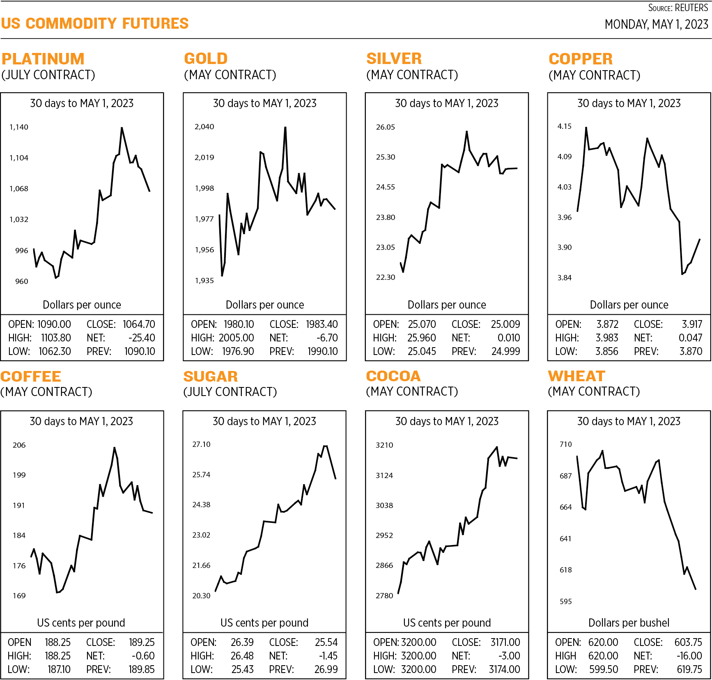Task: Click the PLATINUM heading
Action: pos(43,59)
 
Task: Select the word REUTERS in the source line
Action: pos(691,8)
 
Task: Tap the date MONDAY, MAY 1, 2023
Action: pos(656,24)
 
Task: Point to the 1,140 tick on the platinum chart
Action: pos(19,127)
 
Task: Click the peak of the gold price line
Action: pos(285,128)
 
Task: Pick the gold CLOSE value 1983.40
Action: pos(322,324)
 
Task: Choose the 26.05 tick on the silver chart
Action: pos(385,127)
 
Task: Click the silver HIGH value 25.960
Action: pos(422,338)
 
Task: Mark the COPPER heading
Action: pos(581,59)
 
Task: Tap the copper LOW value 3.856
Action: pos(607,351)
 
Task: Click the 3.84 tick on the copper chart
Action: pos(564,278)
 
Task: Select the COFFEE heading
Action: pos(31,376)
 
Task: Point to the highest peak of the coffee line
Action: pos(115,448)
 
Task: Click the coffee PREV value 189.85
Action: pos(142,669)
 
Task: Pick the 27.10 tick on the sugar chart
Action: pos(201,444)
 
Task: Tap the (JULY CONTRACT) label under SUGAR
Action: pos(230,392)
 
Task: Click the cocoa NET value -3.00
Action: pos(509,656)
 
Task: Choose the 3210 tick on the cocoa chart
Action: pos(384,445)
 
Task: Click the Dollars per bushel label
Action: pos(629,623)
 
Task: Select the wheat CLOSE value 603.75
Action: pos(688,642)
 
